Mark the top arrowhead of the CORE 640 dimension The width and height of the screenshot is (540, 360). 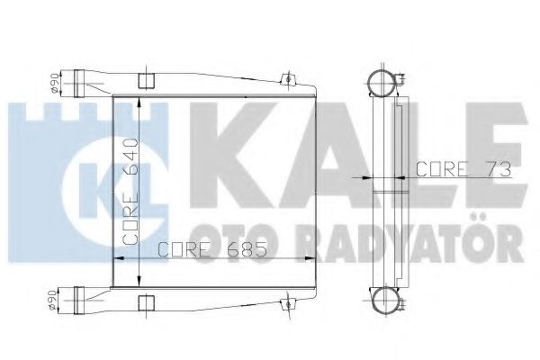pos(140,97)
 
